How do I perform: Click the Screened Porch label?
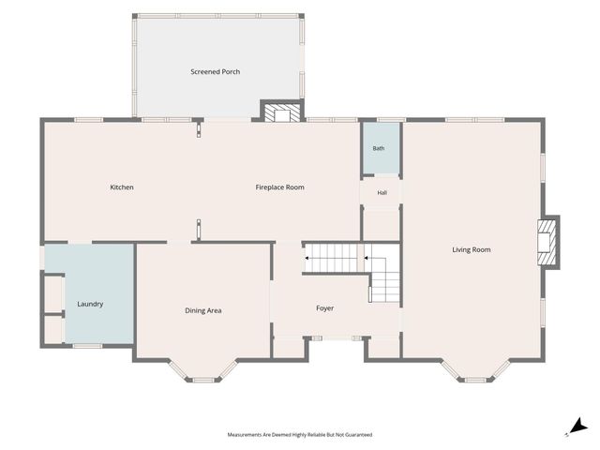pyautogui.click(x=215, y=71)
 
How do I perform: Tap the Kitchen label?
pyautogui.click(x=122, y=187)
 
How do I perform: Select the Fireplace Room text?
pyautogui.click(x=279, y=187)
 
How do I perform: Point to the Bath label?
pyautogui.click(x=379, y=148)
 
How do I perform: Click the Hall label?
pyautogui.click(x=382, y=193)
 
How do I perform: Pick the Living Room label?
pyautogui.click(x=471, y=250)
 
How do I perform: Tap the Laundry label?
pyautogui.click(x=90, y=304)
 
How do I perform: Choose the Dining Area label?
pyautogui.click(x=203, y=310)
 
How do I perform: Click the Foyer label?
pyautogui.click(x=324, y=308)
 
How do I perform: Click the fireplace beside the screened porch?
pyautogui.click(x=282, y=112)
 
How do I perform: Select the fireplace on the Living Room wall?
pyautogui.click(x=547, y=242)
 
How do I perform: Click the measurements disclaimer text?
pyautogui.click(x=300, y=435)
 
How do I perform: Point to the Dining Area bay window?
pyautogui.click(x=202, y=371)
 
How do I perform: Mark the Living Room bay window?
pyautogui.click(x=475, y=371)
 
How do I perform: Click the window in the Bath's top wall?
pyautogui.click(x=391, y=120)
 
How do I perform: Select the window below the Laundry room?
pyautogui.click(x=87, y=346)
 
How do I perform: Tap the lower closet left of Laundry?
pyautogui.click(x=53, y=329)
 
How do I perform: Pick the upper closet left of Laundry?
pyautogui.click(x=53, y=294)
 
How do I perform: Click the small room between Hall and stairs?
pyautogui.click(x=382, y=225)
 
